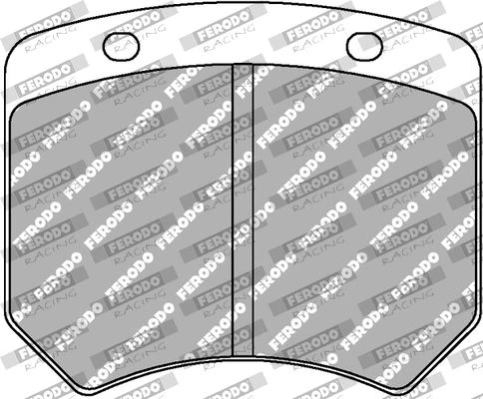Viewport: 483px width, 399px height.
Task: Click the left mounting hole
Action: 121,47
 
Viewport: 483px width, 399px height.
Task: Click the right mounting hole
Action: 365,47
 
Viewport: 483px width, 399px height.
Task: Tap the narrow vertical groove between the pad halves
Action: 242,210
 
